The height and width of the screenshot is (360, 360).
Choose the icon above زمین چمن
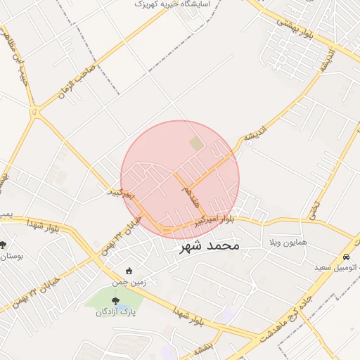pos(128,271)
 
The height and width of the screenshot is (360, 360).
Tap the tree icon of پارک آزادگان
pos(115,300)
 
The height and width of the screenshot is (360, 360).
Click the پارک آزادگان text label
pos(115,311)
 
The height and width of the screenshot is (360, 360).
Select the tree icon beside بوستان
pos(4,245)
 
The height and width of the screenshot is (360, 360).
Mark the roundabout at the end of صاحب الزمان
pos(34,110)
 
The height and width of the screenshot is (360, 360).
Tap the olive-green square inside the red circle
pos(195,143)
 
